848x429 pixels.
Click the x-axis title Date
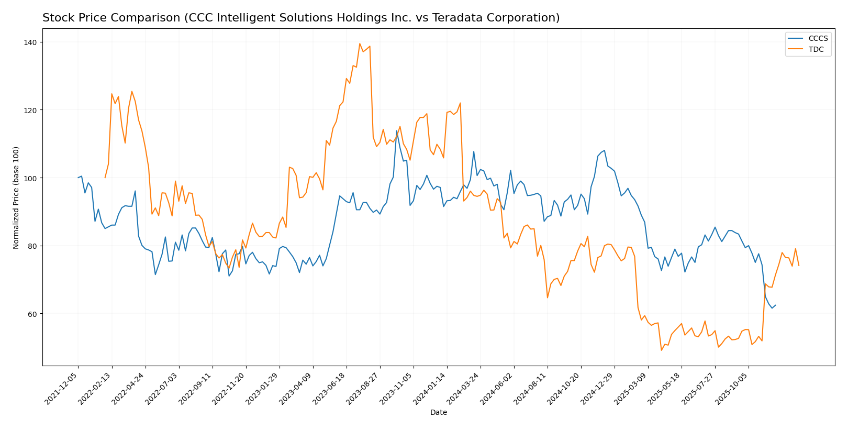click(x=438, y=413)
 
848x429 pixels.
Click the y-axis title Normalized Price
click(x=16, y=197)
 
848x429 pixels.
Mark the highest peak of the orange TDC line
click(x=360, y=43)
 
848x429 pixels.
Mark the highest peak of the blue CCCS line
click(x=397, y=130)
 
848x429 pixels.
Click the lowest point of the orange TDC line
click(x=661, y=350)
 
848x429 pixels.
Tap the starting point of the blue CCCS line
click(x=78, y=178)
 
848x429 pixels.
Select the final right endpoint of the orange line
click(x=799, y=266)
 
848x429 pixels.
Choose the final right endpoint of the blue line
click(x=775, y=305)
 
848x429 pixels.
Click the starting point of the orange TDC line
click(x=105, y=178)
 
